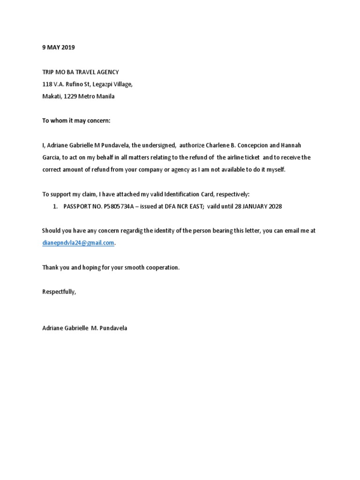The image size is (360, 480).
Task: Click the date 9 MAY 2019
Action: click(x=58, y=47)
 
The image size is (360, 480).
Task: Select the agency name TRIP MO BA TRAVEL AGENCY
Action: click(x=81, y=72)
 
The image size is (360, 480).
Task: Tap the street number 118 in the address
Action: click(x=47, y=84)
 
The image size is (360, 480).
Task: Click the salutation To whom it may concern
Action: click(x=76, y=120)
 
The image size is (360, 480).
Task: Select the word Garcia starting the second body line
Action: click(x=51, y=157)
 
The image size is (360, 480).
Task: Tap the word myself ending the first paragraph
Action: click(x=274, y=170)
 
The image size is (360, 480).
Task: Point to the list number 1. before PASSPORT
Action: click(x=55, y=206)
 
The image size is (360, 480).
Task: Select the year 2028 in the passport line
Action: click(x=274, y=206)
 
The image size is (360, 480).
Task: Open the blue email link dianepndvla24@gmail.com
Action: click(x=78, y=242)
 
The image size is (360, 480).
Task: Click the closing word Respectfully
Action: click(x=59, y=292)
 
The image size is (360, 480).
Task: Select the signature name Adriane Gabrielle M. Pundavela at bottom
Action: click(x=84, y=328)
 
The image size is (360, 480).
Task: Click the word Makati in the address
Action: click(x=52, y=97)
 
